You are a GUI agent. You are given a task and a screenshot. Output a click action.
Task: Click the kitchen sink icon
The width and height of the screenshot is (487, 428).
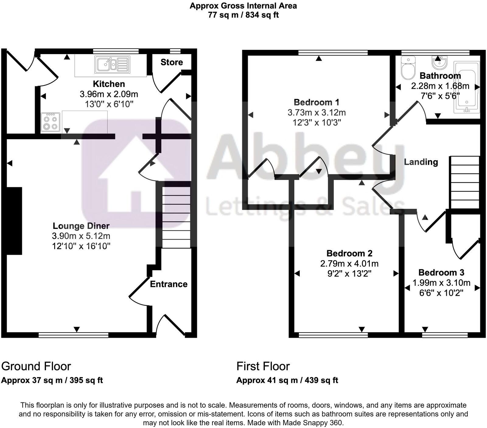112,64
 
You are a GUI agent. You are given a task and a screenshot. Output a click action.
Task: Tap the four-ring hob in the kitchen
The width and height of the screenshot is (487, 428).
50,122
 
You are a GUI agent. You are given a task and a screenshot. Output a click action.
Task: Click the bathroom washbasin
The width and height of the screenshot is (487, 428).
439,63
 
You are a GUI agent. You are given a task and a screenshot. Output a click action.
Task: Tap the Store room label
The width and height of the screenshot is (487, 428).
172,62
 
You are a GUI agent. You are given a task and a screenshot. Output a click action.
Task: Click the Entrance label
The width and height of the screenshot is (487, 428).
169,284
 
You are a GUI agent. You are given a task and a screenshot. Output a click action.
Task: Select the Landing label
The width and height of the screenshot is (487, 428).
421,162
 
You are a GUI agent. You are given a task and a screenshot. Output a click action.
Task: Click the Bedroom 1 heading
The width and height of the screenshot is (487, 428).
316,102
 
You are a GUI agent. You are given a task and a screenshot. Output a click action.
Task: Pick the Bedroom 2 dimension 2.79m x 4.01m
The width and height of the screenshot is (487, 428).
349,264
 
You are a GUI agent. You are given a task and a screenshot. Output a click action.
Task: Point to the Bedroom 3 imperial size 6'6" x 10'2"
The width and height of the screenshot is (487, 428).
441,293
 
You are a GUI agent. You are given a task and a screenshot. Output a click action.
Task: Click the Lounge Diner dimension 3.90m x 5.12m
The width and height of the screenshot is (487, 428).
81,236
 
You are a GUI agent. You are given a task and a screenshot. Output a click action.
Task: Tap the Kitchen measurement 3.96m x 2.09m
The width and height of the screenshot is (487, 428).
109,94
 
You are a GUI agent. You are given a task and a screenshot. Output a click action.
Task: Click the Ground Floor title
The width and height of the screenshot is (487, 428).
36,366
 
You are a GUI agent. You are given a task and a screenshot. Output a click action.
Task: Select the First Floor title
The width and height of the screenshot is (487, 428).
263,366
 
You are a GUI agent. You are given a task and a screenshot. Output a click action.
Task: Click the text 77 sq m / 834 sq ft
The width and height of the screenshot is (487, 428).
243,15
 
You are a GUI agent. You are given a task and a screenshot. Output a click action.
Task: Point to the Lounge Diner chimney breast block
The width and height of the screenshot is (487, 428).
14,221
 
